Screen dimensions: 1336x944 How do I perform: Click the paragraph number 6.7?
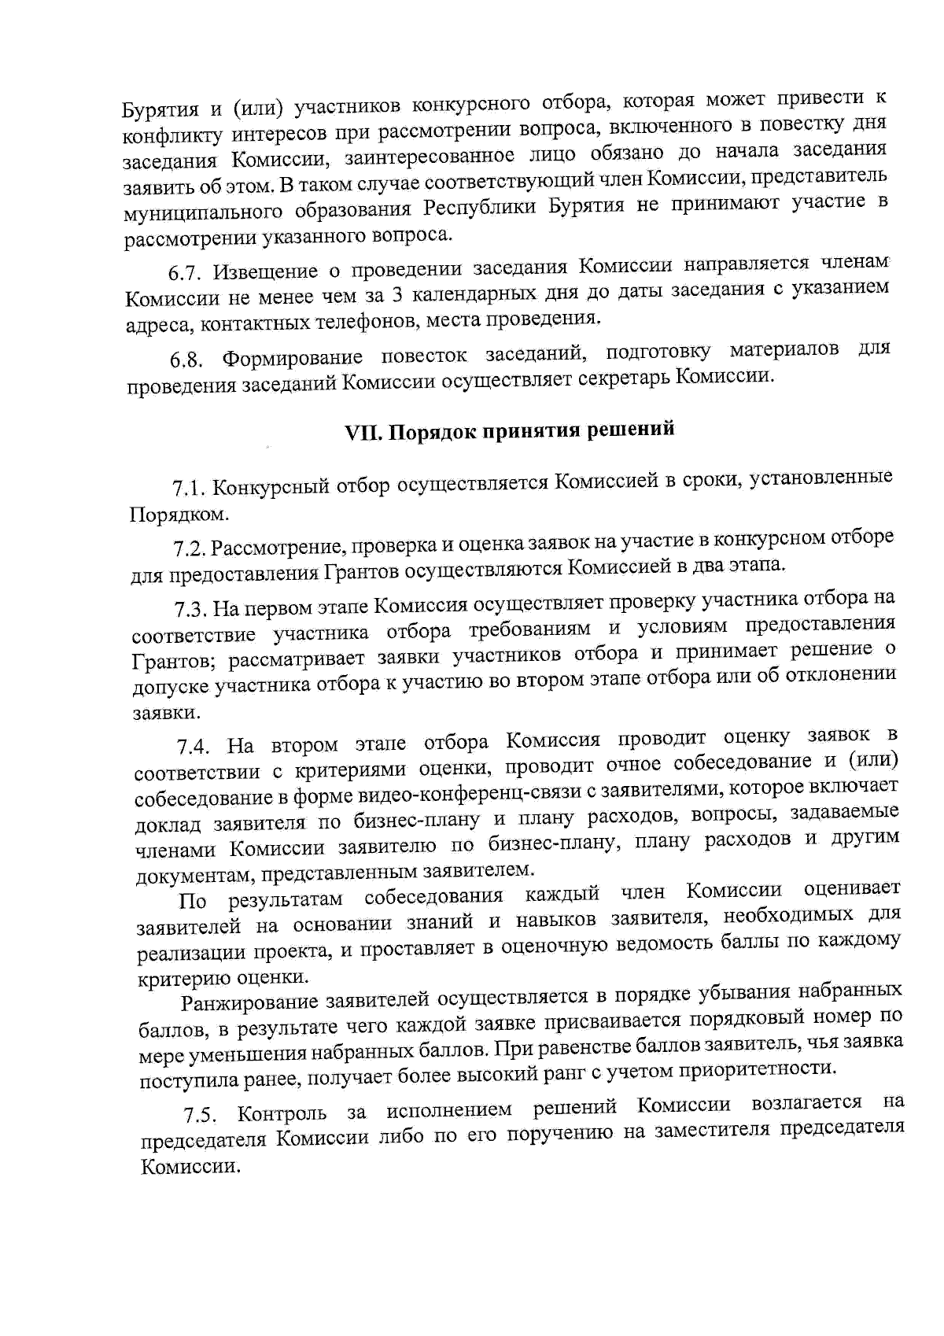pyautogui.click(x=186, y=274)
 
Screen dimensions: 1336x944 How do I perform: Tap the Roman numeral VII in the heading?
pyautogui.click(x=363, y=432)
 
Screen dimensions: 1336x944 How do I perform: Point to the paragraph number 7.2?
pyautogui.click(x=190, y=548)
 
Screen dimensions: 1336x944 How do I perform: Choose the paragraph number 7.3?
pyautogui.click(x=191, y=609)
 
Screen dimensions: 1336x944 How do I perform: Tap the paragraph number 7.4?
pyautogui.click(x=194, y=746)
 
